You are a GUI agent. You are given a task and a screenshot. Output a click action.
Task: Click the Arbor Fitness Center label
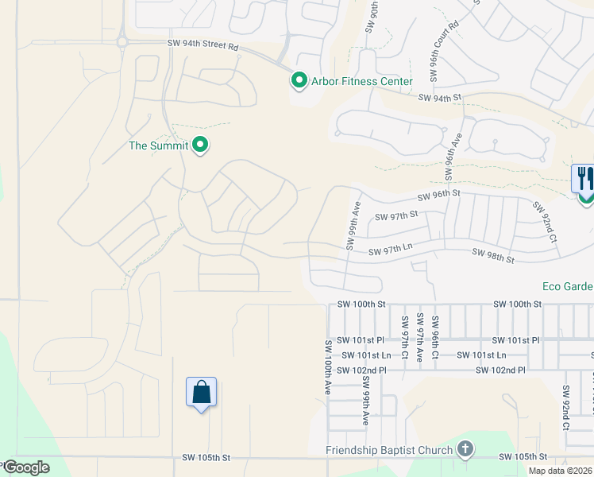click(x=361, y=81)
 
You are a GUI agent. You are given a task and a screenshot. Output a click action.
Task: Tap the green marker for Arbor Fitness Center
click(x=299, y=80)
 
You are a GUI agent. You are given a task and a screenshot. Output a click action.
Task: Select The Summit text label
click(x=159, y=145)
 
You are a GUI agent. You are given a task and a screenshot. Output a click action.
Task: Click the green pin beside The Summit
click(x=201, y=145)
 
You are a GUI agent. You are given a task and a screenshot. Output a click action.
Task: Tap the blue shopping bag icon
click(x=201, y=393)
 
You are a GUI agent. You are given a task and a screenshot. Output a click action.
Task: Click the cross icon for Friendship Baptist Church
click(x=465, y=450)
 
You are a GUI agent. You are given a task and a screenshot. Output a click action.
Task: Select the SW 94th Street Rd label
click(x=203, y=45)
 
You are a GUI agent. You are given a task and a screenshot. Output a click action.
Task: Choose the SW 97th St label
click(x=397, y=216)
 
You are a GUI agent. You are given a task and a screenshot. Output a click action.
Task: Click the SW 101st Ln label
click(x=364, y=355)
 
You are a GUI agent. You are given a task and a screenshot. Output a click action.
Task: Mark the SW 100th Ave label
click(x=327, y=368)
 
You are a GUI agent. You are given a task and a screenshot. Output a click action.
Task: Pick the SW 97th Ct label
click(x=404, y=335)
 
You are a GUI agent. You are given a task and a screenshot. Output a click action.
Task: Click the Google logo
click(x=26, y=467)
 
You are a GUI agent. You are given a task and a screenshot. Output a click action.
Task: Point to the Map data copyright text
click(x=560, y=471)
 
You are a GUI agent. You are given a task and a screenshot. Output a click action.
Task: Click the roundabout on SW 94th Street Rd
click(x=123, y=42)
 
